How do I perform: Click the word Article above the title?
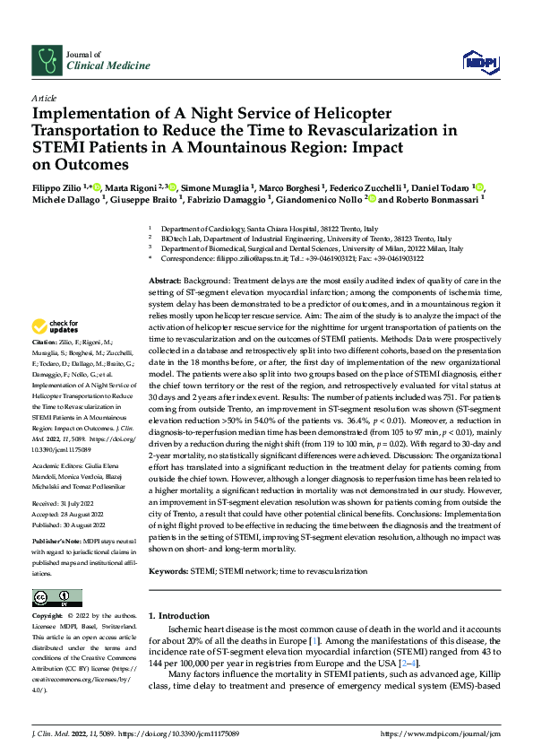coord(43,98)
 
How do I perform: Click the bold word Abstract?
coord(166,282)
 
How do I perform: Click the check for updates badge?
coord(57,326)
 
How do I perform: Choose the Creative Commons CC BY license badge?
coord(52,598)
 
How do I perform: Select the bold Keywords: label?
coord(168,570)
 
